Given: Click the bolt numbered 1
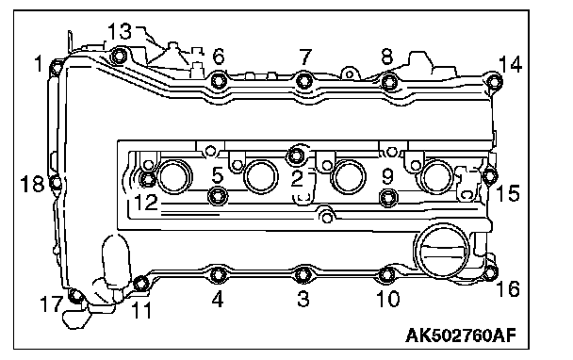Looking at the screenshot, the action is pos(56,68).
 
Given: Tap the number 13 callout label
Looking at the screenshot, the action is pos(119,31).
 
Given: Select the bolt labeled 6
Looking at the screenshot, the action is pos(219,80).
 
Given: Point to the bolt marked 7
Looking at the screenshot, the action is pos(304,80).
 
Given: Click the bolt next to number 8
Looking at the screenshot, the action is pos(389,81).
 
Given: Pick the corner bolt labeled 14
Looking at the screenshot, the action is pos(494,81).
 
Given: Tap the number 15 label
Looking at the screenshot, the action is pos(508,193).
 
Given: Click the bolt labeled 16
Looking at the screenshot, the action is pos(490,272).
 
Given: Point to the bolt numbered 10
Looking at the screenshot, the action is pos(387,275).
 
